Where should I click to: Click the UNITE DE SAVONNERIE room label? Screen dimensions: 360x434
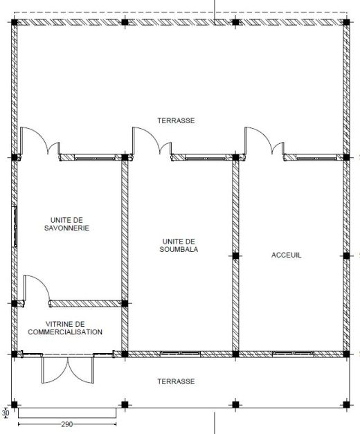pos(66,224)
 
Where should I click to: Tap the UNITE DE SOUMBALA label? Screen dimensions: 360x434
pos(179,245)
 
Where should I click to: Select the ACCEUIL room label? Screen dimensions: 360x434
pos(286,255)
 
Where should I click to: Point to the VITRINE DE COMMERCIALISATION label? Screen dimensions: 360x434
pos(65,327)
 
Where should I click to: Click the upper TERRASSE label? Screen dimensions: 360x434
pos(176,120)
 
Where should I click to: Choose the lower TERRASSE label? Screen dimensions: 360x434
pos(176,381)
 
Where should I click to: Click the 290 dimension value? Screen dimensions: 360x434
pos(66,424)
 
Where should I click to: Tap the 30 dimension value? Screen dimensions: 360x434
pos(6,413)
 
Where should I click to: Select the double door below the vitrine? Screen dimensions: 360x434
pos(68,369)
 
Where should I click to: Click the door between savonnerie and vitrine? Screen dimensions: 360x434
pos(37,290)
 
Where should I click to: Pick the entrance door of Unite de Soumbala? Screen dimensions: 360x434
pos(152,142)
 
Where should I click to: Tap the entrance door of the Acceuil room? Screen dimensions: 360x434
pos(264,142)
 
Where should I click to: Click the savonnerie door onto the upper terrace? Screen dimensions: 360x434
pos(40,142)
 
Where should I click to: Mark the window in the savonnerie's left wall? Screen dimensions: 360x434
pos(15,226)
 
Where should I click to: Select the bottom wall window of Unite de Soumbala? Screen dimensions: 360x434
pos(181,354)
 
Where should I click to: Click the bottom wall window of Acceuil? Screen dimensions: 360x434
pos(293,354)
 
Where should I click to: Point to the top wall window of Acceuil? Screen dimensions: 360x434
pos(316,158)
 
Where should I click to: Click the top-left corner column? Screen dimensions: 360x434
pos(14,22)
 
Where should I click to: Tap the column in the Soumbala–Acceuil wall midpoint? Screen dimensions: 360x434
pos(235,255)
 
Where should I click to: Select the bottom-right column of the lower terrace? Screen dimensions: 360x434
pos(346,405)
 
